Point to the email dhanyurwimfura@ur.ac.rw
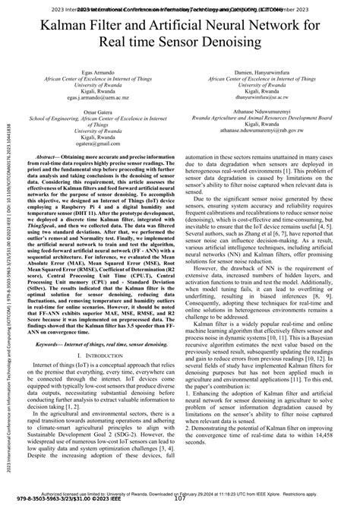point(262,98)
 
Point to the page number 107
point(181,499)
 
